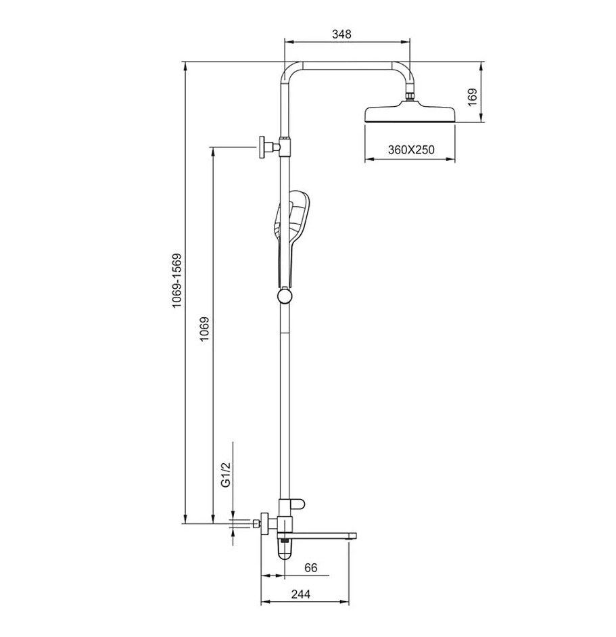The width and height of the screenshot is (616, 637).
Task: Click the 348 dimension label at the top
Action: click(x=341, y=34)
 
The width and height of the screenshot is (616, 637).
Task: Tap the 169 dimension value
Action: click(x=472, y=97)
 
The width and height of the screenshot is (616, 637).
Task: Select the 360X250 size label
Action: click(x=411, y=150)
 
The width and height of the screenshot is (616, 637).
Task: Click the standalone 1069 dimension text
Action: click(x=204, y=329)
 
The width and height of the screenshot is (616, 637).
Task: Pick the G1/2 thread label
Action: click(x=226, y=474)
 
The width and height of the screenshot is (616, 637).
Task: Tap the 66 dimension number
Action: click(x=310, y=567)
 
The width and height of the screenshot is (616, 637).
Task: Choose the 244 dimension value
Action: click(x=301, y=594)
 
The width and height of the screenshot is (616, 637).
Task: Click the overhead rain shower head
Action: click(x=410, y=114)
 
